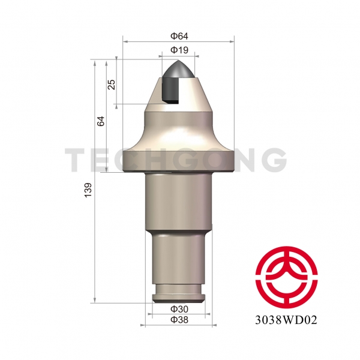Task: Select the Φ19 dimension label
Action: pos(178,50)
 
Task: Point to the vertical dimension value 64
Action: pos(101,121)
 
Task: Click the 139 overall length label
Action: pos(89,193)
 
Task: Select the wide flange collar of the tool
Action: pos(178,163)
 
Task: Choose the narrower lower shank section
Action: pos(178,258)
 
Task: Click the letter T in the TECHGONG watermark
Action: pos(76,160)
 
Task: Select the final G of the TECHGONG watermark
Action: pos(274,160)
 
